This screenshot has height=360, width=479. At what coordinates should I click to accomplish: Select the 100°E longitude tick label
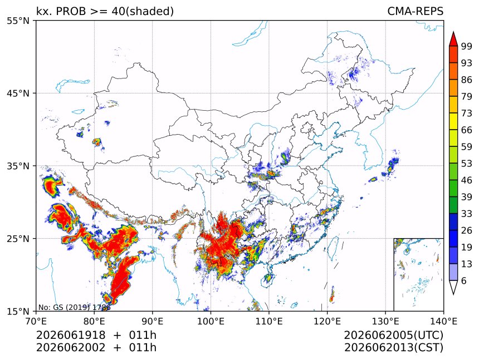pyautogui.click(x=211, y=322)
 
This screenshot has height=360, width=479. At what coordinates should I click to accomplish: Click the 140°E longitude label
pyautogui.click(x=443, y=322)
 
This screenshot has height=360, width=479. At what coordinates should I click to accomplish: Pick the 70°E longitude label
pyautogui.click(x=36, y=322)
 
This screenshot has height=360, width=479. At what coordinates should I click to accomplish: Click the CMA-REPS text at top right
pyautogui.click(x=415, y=11)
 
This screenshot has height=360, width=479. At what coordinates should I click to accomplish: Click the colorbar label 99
pyautogui.click(x=467, y=46)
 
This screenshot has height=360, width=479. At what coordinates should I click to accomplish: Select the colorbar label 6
pyautogui.click(x=464, y=280)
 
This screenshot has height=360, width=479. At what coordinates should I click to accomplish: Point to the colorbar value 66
pyautogui.click(x=467, y=130)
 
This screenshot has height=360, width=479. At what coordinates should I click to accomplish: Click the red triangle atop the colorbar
pyautogui.click(x=453, y=40)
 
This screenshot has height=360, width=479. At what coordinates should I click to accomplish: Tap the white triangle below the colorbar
pyautogui.click(x=453, y=287)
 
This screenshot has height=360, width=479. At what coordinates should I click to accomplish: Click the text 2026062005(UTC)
pyautogui.click(x=393, y=336)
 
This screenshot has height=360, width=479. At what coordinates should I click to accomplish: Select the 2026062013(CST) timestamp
pyautogui.click(x=393, y=348)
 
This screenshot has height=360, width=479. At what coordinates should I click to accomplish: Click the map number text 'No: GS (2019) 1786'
pyautogui.click(x=74, y=307)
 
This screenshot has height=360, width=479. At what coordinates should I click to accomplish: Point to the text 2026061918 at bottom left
pyautogui.click(x=71, y=335)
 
